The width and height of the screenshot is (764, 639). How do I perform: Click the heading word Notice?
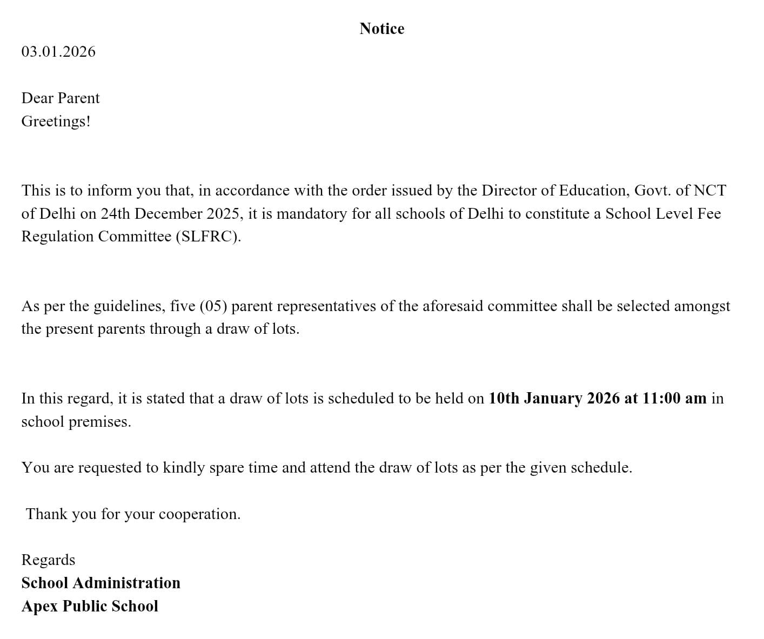click(381, 29)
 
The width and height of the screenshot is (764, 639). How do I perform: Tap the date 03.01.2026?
click(58, 52)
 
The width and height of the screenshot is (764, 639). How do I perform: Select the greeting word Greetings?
click(56, 121)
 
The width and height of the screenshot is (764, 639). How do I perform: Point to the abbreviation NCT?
click(709, 191)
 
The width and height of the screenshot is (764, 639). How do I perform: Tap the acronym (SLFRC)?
click(208, 237)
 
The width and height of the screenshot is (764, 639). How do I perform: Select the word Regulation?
click(57, 237)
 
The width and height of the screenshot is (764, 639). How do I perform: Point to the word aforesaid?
click(452, 306)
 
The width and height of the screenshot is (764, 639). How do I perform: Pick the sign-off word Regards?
click(48, 560)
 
